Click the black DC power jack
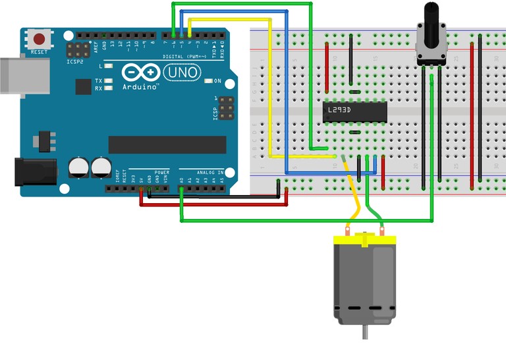click(36, 173)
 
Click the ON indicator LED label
click(217, 81)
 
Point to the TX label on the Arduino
click(98, 81)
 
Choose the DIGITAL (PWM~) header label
click(183, 57)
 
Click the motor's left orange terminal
click(347, 231)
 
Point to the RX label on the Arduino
click(98, 88)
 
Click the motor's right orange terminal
click(383, 231)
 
